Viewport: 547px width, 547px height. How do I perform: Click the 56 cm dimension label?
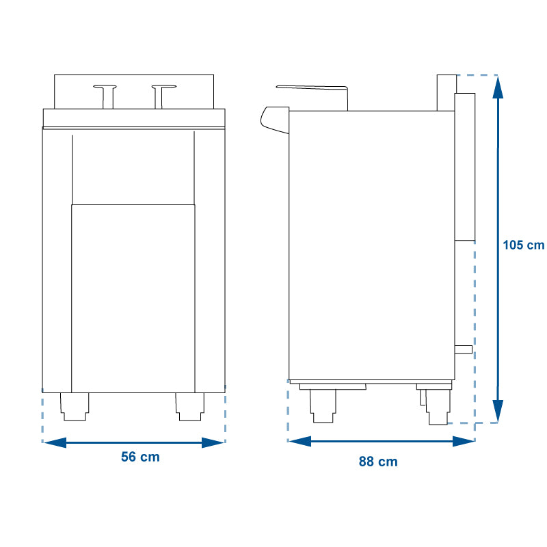click(140, 457)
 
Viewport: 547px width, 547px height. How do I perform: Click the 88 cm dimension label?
click(378, 462)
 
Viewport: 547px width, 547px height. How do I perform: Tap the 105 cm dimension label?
click(523, 245)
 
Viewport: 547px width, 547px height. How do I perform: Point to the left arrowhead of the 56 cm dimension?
click(55, 442)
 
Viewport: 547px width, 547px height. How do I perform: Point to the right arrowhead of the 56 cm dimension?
click(213, 442)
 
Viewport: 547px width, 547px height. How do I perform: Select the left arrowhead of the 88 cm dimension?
click(300, 441)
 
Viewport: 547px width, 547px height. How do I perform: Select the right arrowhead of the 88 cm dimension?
click(464, 441)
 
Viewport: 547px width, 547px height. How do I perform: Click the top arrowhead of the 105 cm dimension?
click(498, 88)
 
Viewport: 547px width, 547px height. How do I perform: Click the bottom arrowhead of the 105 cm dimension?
click(498, 412)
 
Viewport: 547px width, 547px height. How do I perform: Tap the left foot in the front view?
click(75, 407)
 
